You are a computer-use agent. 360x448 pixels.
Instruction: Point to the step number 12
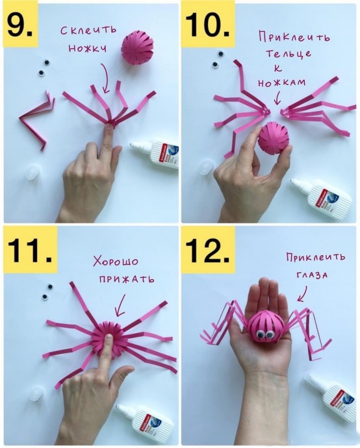point(207,250)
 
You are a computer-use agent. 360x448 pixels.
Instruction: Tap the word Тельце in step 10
point(289,53)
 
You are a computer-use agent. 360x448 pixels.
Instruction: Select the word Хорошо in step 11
point(116,261)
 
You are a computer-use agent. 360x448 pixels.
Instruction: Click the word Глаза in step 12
point(312,275)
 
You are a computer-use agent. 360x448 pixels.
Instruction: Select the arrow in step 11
point(121,305)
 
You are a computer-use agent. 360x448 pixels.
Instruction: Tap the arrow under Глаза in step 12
point(303,293)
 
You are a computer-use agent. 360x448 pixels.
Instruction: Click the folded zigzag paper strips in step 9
point(36,119)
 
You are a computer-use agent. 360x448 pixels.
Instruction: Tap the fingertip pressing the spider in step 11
point(108,338)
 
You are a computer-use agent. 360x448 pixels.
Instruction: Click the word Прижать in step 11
point(127,279)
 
